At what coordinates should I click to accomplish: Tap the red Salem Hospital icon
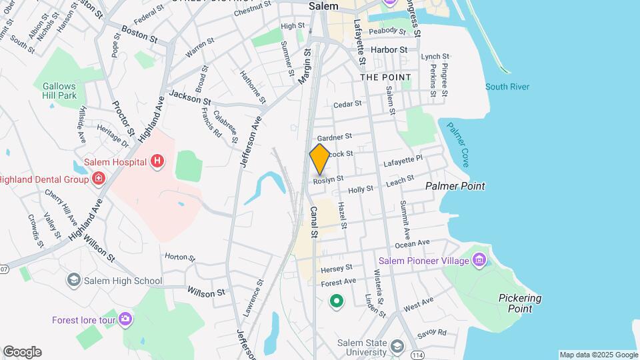tap(157, 161)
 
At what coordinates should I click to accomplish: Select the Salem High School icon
tap(73, 281)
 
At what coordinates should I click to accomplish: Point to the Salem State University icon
tap(397, 346)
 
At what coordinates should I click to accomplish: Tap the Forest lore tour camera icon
tap(125, 319)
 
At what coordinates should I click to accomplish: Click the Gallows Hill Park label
tap(59, 91)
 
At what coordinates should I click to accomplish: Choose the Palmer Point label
tap(455, 187)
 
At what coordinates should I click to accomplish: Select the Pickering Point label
tap(520, 303)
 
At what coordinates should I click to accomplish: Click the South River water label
tap(507, 87)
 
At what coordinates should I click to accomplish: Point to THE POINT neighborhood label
tap(385, 77)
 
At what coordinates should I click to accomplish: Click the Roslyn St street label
tap(329, 179)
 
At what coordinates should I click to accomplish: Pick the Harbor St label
tap(389, 50)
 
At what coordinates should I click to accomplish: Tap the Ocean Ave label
tap(431, 243)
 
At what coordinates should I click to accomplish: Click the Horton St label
tap(180, 257)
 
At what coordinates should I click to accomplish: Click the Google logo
tap(22, 352)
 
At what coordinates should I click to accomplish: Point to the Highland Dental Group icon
tap(99, 179)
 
